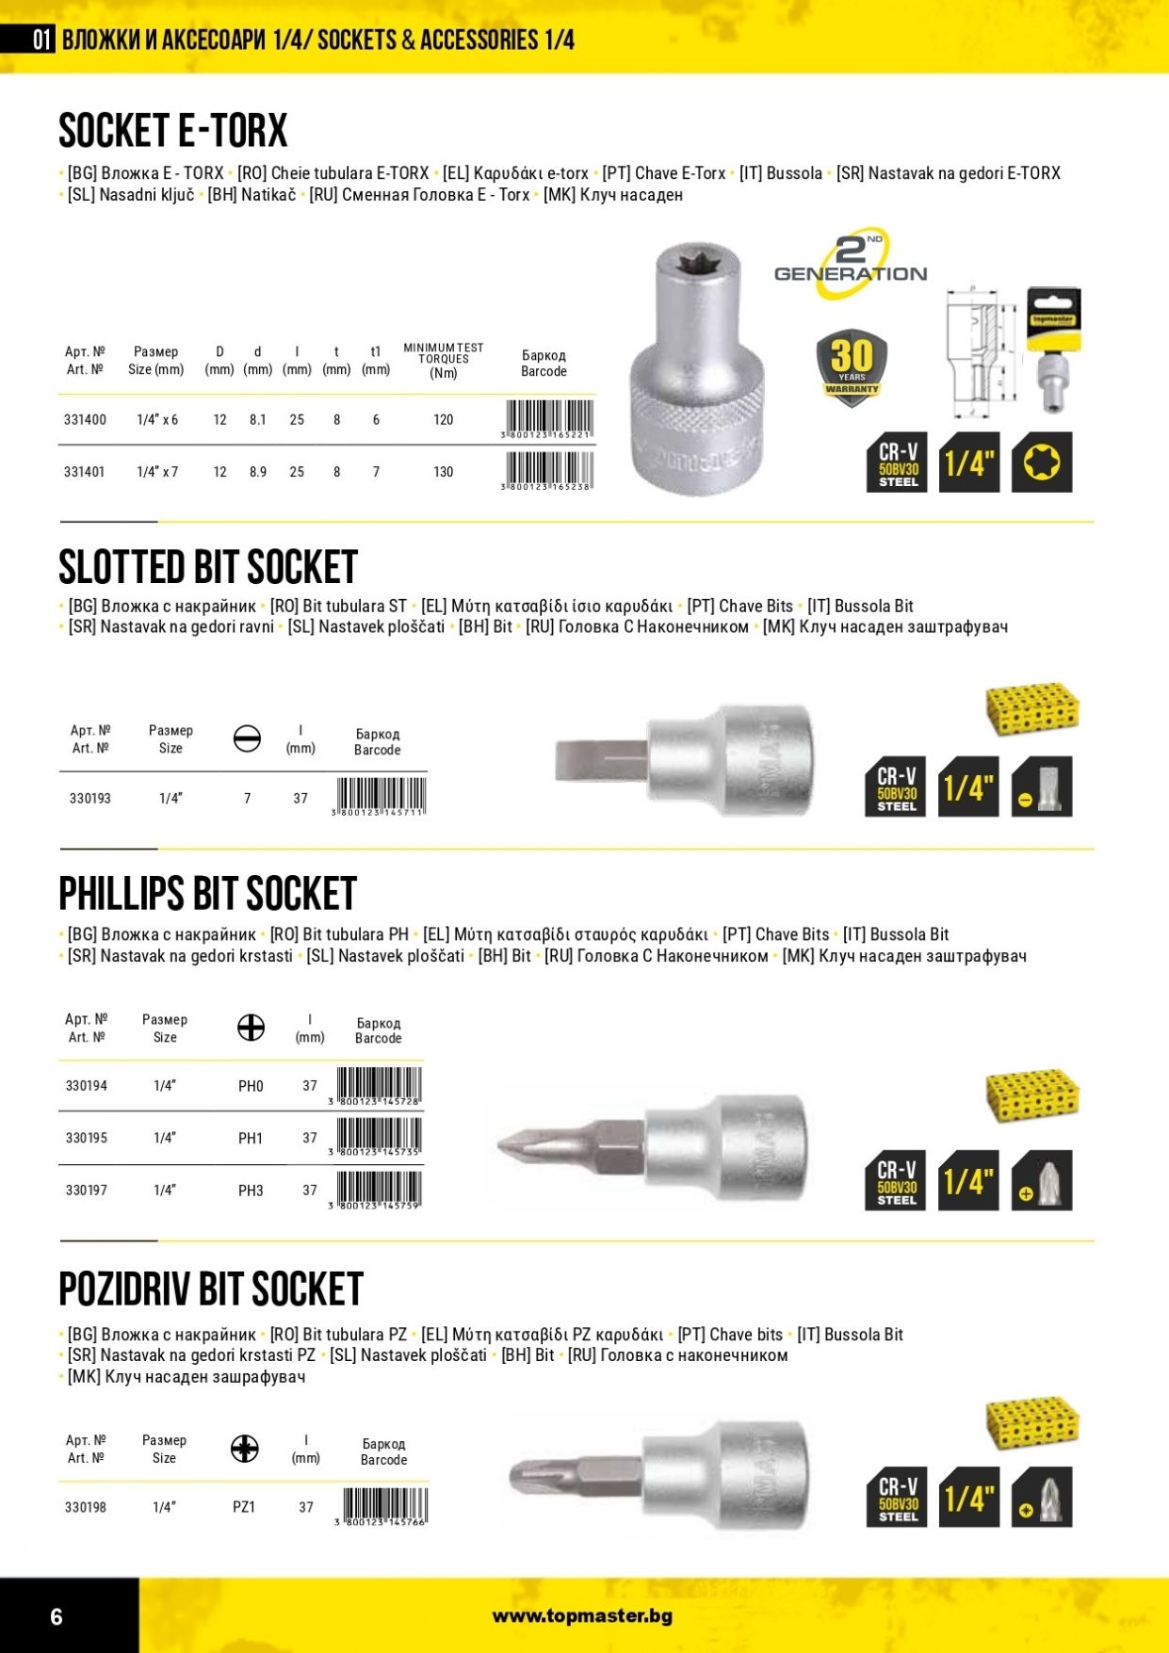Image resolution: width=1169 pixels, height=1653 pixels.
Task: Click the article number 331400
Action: [x=85, y=420]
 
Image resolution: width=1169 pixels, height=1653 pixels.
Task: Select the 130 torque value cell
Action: [x=443, y=472]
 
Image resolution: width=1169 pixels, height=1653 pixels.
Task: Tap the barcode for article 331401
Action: [x=549, y=470]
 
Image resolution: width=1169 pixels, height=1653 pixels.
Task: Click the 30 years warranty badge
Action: [x=852, y=367]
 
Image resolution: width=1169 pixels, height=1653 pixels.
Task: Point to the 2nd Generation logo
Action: [x=851, y=265]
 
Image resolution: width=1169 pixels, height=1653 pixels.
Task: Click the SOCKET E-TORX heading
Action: [x=173, y=131]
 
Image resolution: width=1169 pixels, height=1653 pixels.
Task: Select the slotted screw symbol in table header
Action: [x=247, y=738]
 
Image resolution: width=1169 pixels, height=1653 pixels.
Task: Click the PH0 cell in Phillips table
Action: [x=251, y=1087]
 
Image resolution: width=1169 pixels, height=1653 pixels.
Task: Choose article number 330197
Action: [x=87, y=1191]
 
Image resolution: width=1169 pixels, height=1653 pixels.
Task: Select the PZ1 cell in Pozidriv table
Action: [x=244, y=1508]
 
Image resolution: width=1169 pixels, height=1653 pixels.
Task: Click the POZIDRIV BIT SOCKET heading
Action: [x=211, y=1289]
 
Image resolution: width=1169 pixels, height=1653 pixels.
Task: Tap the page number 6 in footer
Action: [x=57, y=1617]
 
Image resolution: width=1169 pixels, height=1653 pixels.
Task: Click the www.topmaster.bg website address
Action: [x=582, y=1616]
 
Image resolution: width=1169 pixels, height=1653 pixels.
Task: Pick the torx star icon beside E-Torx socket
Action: [x=1041, y=462]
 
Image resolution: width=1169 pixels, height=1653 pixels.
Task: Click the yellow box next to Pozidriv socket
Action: [x=1032, y=1424]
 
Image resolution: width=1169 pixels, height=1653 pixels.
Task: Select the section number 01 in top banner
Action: [x=41, y=40]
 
